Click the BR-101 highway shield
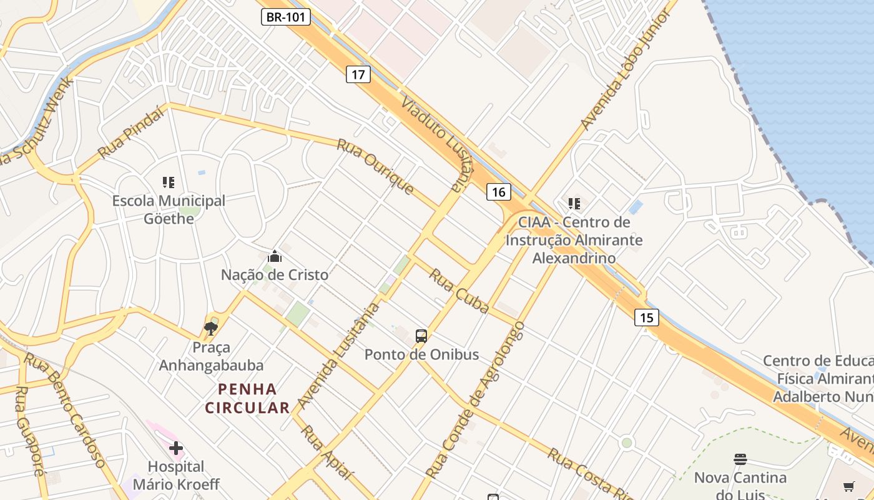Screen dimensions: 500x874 [x=285, y=17]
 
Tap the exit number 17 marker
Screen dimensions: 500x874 [x=358, y=75]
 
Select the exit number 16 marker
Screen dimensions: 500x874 [x=498, y=192]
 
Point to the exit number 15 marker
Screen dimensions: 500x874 [x=646, y=317]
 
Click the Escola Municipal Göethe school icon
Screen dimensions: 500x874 [x=169, y=182]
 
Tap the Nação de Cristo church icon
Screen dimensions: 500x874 [x=274, y=256]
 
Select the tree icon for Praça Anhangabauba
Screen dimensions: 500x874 [x=211, y=329]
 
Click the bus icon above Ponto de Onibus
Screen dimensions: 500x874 [x=421, y=336]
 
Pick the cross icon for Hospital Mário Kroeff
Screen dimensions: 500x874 [x=176, y=448]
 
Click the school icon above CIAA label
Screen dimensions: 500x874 [x=574, y=203]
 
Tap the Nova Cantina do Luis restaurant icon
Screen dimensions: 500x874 [x=740, y=460]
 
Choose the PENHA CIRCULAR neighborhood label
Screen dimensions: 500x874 [x=247, y=399]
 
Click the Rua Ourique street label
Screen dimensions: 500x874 [x=376, y=166]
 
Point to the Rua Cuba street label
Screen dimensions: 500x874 [x=459, y=291]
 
